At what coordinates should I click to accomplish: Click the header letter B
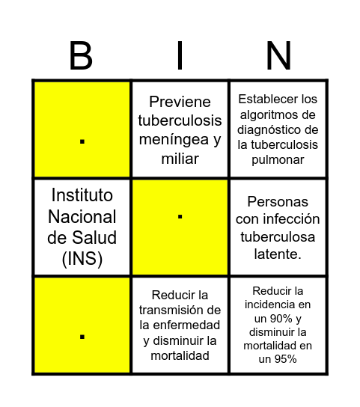click(81, 56)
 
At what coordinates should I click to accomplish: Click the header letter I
click(180, 56)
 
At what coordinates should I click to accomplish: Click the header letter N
click(278, 56)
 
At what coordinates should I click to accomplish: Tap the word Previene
click(180, 102)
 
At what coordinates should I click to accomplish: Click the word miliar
click(180, 158)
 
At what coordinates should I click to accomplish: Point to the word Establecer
click(278, 99)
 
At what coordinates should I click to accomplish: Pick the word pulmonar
click(278, 159)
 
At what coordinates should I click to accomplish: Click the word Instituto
click(82, 195)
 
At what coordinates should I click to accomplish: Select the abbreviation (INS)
click(82, 259)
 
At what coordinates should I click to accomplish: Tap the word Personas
click(278, 202)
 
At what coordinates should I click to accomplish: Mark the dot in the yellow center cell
click(180, 217)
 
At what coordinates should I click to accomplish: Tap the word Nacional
click(82, 217)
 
